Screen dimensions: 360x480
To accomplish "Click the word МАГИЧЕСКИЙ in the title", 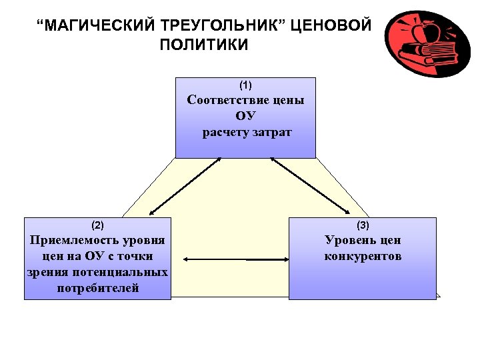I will tap(98, 26).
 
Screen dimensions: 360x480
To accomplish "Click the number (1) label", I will tap(245, 85).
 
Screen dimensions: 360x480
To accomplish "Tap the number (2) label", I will tap(97, 225).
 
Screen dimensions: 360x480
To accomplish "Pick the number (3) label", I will tap(363, 225).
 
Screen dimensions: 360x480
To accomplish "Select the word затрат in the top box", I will tap(273, 132).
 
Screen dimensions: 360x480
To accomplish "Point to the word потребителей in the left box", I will tap(98, 288).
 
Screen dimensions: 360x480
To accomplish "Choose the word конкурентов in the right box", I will tap(363, 256).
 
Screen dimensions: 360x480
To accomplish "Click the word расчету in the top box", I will tap(225, 132).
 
